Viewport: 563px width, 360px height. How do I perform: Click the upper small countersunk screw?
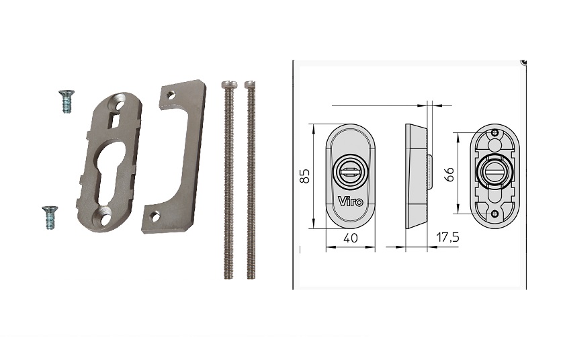click(x=66, y=101)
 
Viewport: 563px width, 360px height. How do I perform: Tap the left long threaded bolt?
click(x=228, y=181)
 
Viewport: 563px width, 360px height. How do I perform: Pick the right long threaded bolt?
click(x=251, y=181)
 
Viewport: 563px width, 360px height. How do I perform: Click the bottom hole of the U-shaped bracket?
click(x=155, y=216)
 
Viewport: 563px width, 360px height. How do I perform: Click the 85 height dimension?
click(x=304, y=177)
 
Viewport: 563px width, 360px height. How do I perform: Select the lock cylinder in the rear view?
click(x=494, y=171)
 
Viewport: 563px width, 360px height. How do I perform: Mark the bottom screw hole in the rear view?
click(x=495, y=214)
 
